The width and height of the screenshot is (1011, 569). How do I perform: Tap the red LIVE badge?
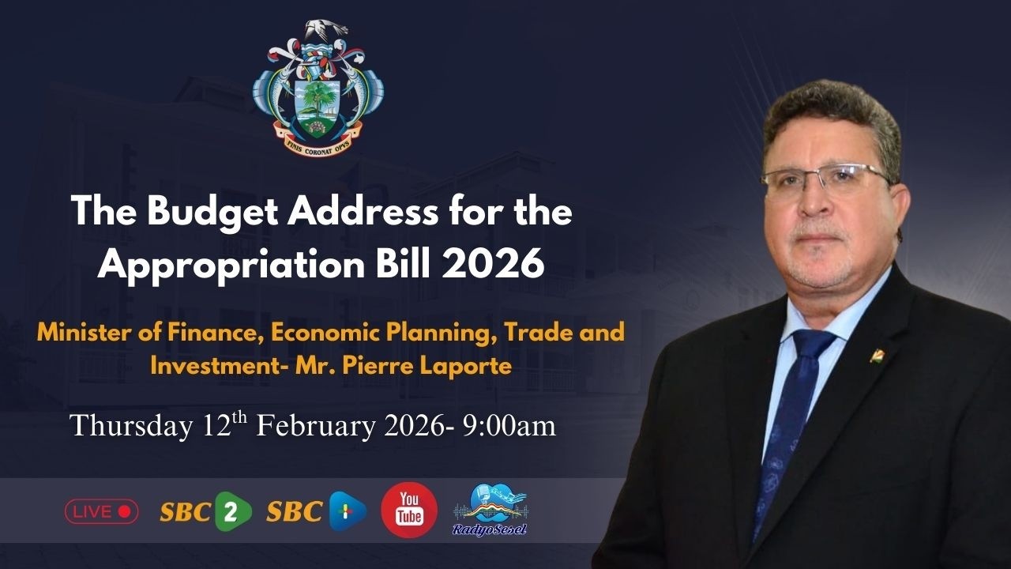pyautogui.click(x=101, y=511)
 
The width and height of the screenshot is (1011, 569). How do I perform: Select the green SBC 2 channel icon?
pyautogui.click(x=232, y=511)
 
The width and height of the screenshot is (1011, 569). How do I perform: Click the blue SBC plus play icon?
pyautogui.click(x=348, y=511)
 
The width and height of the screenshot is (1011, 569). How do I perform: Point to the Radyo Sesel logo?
pyautogui.click(x=490, y=510)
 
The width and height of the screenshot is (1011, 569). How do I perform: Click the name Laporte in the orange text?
pyautogui.click(x=465, y=367)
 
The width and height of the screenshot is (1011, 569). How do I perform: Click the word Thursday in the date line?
pyautogui.click(x=131, y=427)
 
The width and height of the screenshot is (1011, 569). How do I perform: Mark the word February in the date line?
pyautogui.click(x=316, y=426)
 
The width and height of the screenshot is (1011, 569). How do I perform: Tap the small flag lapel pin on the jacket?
pyautogui.click(x=878, y=355)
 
